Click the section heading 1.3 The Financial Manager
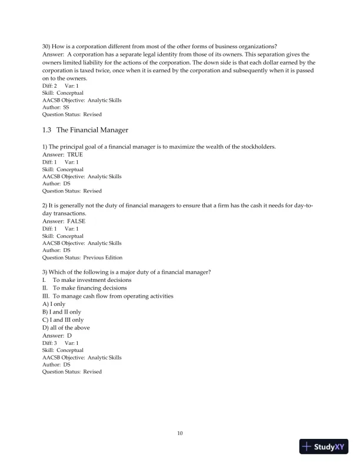click(85, 129)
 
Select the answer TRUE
click(75, 155)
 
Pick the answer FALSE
click(76, 221)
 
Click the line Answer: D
click(57, 335)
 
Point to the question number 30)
click(46, 47)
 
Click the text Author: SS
click(55, 108)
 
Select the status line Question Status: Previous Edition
click(82, 258)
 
